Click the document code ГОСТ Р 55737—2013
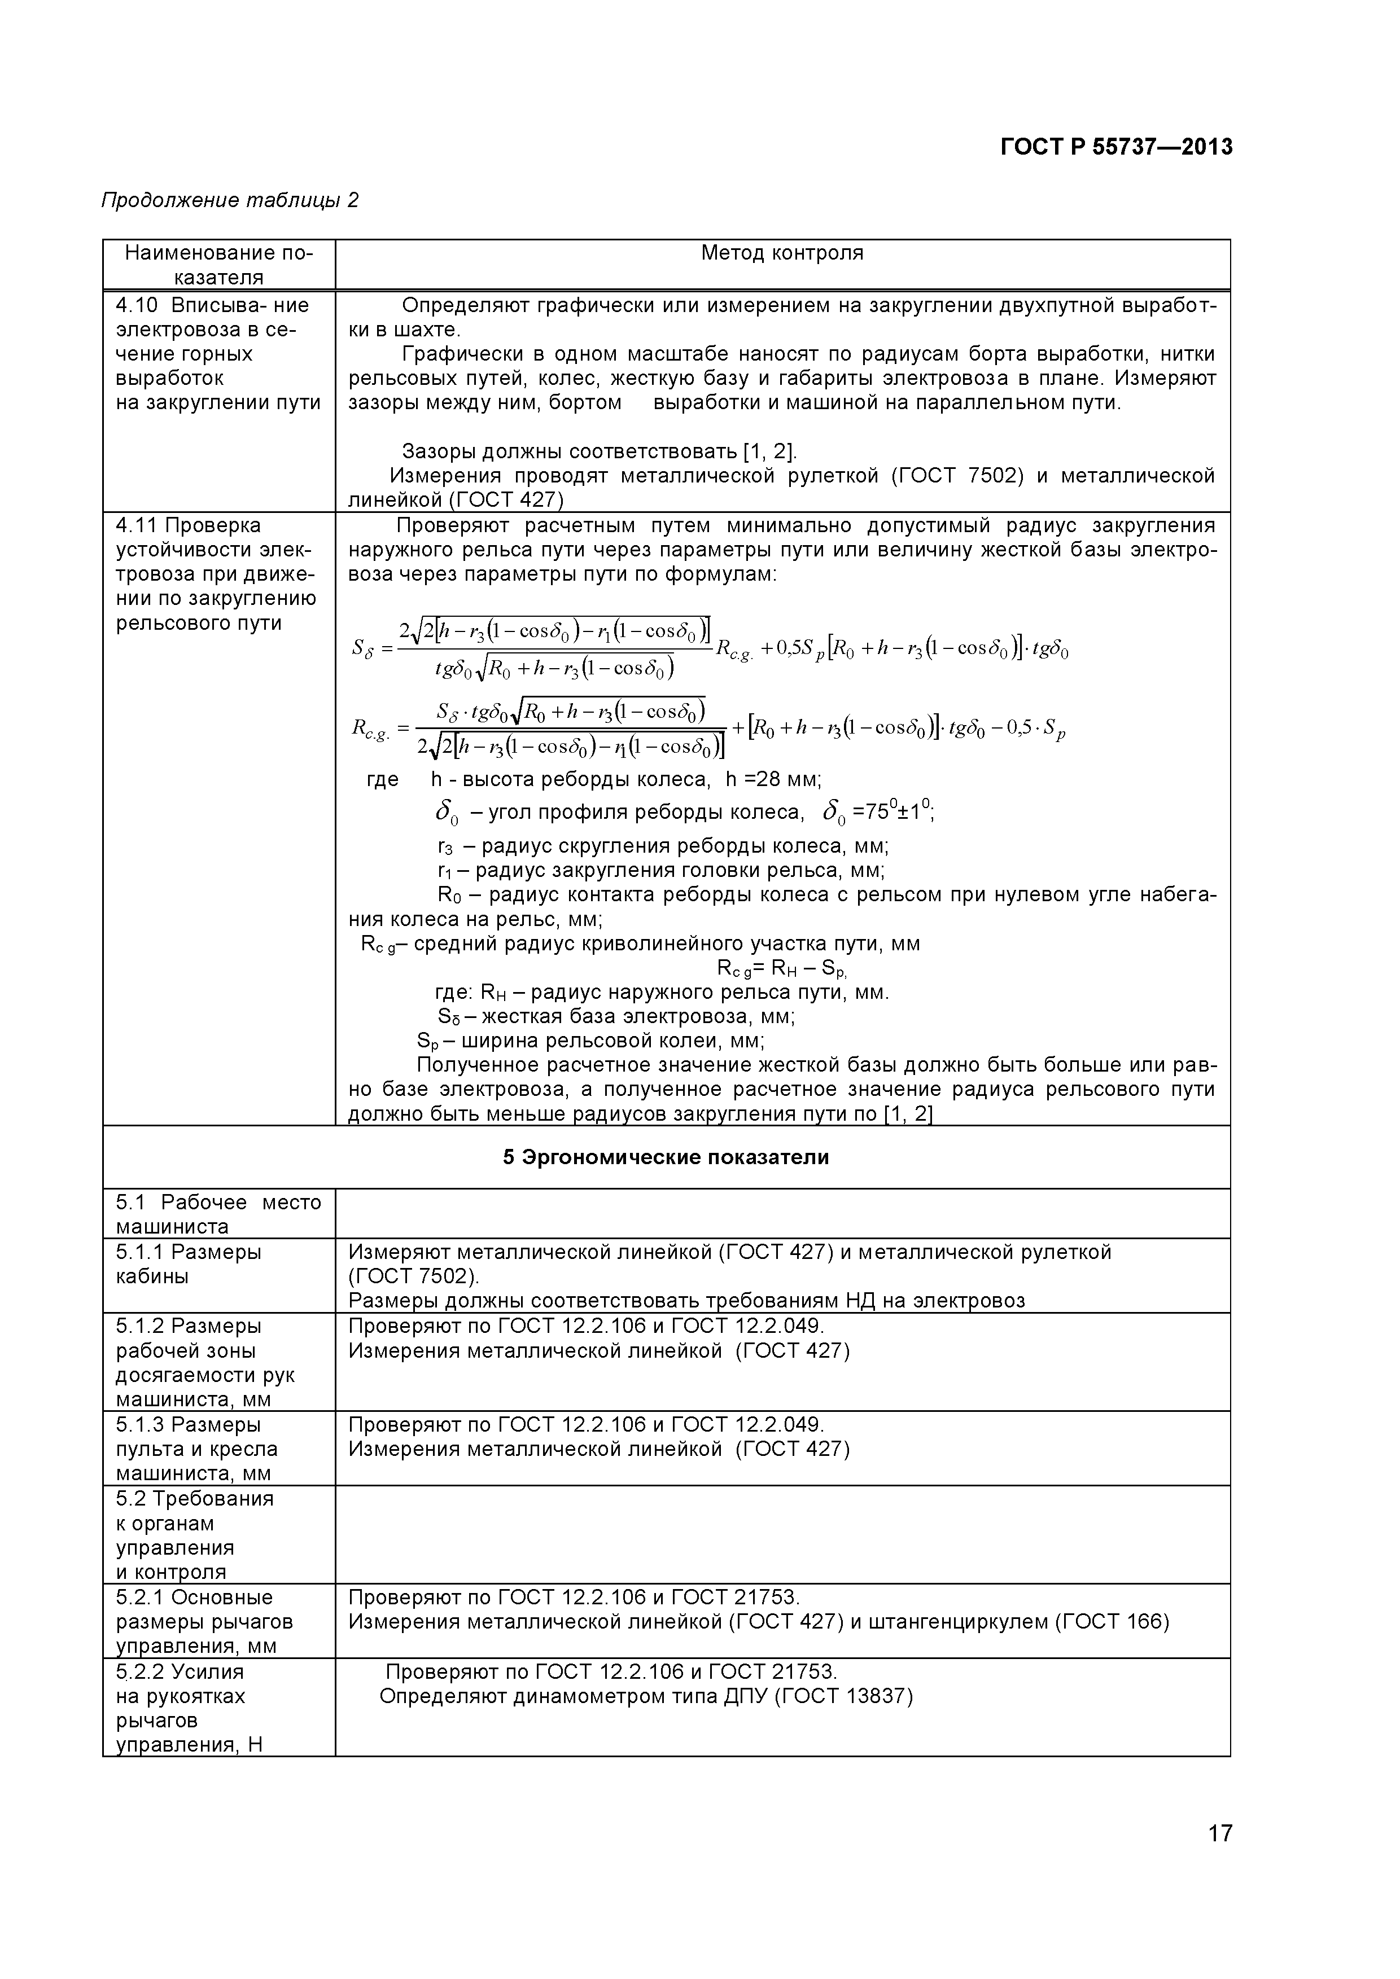click(x=1117, y=147)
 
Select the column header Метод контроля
click(x=782, y=253)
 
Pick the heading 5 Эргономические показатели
click(x=666, y=1157)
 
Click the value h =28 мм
click(x=772, y=779)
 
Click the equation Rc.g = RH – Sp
click(x=782, y=968)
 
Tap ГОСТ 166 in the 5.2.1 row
click(x=1112, y=1622)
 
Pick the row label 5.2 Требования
click(x=194, y=1499)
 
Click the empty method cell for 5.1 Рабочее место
click(x=782, y=1214)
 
